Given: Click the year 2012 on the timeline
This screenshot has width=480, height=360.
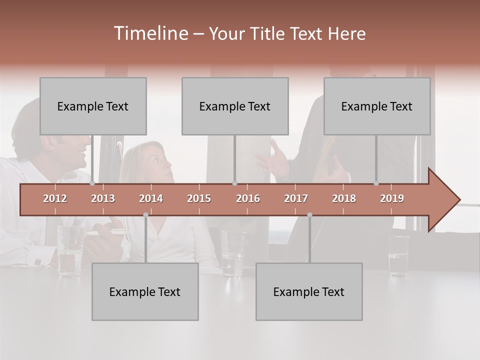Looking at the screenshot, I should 55,198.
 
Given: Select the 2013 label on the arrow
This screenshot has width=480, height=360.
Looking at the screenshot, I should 103,198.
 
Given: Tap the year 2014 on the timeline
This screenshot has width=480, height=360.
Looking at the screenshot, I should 151,198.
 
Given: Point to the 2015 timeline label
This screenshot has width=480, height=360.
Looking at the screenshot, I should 199,198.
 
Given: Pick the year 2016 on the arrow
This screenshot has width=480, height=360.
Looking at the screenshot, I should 248,198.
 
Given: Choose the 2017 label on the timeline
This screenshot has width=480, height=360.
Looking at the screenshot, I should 296,198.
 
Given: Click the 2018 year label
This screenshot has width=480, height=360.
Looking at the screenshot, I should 344,198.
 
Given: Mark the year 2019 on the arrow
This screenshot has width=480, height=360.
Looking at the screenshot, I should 392,198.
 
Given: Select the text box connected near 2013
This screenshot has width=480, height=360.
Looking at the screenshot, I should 93,106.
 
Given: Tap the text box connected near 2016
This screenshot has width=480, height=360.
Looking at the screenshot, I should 235,106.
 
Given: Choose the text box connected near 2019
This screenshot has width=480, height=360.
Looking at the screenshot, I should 377,106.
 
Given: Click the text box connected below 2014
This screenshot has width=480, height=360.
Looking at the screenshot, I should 145,291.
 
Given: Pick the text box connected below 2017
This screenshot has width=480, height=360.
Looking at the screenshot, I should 309,291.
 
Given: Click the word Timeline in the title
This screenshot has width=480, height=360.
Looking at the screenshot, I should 150,33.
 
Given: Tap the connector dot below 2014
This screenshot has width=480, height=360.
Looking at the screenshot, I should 145,215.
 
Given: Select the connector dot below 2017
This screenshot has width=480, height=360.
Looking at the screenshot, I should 309,215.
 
